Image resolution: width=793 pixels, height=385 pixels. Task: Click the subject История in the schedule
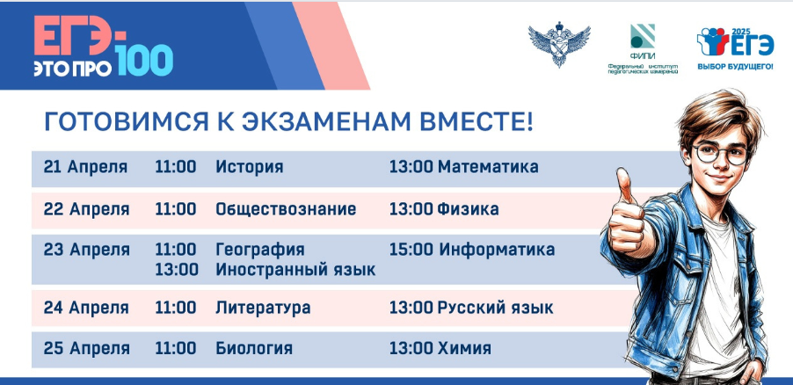(x=250, y=167)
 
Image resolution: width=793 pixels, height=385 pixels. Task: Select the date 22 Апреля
(x=86, y=209)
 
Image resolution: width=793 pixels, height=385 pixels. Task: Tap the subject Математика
(x=488, y=167)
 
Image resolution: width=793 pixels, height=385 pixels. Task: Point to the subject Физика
(x=468, y=209)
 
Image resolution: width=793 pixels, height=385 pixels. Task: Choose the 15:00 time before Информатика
(x=411, y=250)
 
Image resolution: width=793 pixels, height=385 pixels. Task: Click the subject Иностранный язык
(x=296, y=270)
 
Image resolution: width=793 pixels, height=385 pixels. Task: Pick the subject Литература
(x=263, y=308)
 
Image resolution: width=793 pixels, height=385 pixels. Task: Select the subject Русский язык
(x=496, y=308)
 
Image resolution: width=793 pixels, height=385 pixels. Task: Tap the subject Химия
(x=464, y=348)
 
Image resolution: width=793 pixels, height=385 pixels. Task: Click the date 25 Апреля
(x=86, y=349)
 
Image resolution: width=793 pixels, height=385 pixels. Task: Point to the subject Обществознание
(x=286, y=209)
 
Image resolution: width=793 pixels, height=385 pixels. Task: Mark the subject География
(x=260, y=250)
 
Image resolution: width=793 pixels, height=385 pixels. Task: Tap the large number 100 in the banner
(x=144, y=61)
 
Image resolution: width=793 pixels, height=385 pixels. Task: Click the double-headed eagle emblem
(x=559, y=43)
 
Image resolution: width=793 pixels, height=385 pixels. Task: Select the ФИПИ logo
(x=643, y=48)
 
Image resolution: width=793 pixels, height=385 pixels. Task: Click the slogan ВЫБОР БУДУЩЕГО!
(x=735, y=66)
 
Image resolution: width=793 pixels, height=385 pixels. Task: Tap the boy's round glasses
(x=720, y=153)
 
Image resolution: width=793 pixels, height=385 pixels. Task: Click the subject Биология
(x=254, y=349)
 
